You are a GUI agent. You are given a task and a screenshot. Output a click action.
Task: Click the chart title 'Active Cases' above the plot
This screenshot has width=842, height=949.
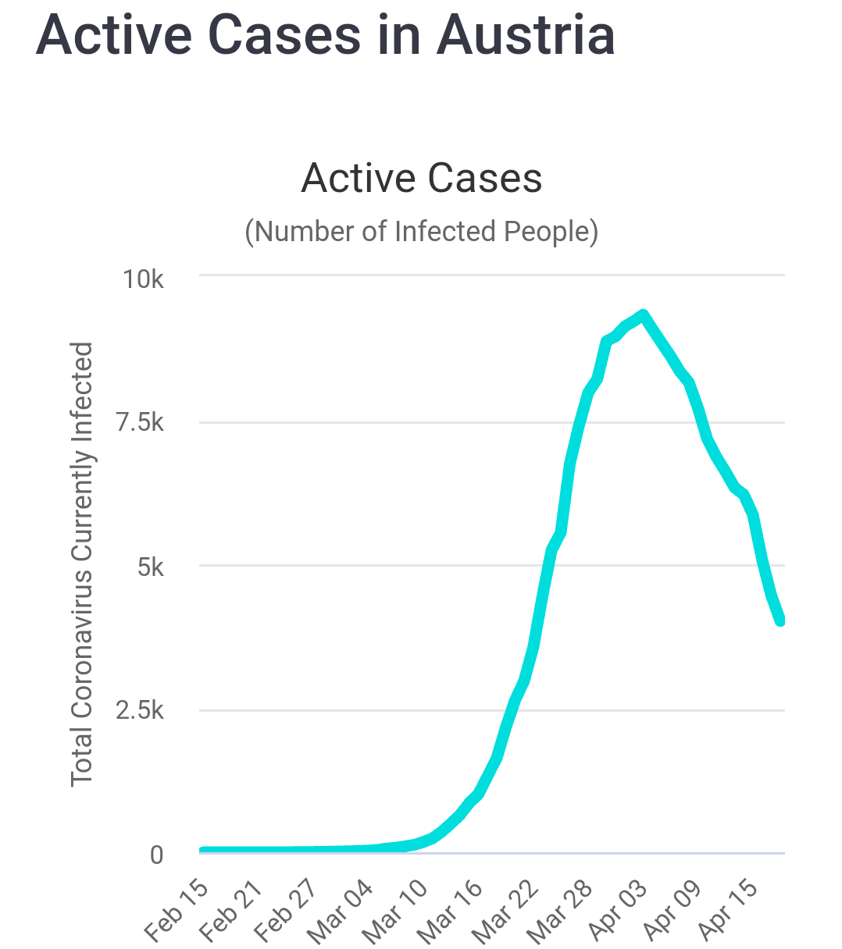pos(421,178)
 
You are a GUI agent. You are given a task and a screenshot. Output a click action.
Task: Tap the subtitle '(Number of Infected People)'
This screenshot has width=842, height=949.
pos(421,232)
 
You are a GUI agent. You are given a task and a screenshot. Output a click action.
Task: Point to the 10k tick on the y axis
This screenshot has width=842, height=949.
pos(143,279)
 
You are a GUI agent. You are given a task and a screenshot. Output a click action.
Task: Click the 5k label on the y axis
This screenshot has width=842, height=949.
pos(150,567)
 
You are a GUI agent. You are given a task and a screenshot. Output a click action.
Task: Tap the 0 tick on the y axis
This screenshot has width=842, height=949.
pos(156,855)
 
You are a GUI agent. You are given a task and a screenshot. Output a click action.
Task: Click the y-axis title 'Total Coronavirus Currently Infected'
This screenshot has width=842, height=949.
pos(82,563)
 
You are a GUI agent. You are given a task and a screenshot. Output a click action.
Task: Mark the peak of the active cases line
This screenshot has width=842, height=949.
pos(643,315)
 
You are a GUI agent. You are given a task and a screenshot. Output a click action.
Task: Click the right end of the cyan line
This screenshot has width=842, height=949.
pos(781,620)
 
